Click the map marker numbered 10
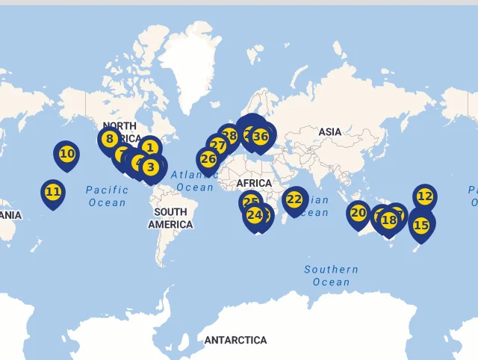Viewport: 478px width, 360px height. [66, 155]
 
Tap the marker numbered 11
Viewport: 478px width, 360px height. [53, 192]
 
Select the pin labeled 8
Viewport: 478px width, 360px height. [110, 139]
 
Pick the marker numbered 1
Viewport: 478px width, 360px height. [149, 148]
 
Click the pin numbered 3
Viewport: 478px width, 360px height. [151, 167]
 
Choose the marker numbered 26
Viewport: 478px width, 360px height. [208, 159]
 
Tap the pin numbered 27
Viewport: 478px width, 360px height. [217, 145]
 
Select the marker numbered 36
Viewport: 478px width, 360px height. [261, 137]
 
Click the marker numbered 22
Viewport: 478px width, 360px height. [294, 199]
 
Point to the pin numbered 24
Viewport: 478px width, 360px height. [255, 215]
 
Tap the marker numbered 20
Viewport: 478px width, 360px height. [358, 213]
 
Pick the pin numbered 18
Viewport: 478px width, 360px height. [389, 220]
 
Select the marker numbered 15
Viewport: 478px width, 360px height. [421, 225]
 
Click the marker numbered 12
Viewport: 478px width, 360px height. [424, 196]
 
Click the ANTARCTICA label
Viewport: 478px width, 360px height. [235, 340]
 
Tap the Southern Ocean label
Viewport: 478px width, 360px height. [330, 276]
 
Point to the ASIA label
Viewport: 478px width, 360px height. [329, 132]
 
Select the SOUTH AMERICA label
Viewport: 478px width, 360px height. [170, 218]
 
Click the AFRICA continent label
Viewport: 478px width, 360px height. [254, 184]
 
